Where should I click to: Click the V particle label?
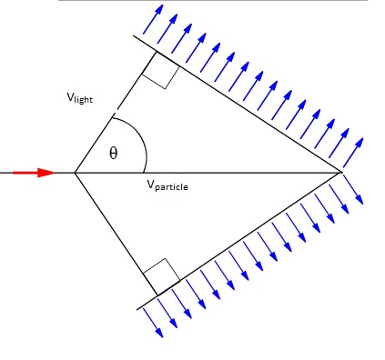pyautogui.click(x=170, y=185)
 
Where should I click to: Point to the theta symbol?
pyautogui.click(x=113, y=154)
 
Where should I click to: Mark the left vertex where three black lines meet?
pyautogui.click(x=75, y=172)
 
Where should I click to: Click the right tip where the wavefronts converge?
pyautogui.click(x=341, y=171)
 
